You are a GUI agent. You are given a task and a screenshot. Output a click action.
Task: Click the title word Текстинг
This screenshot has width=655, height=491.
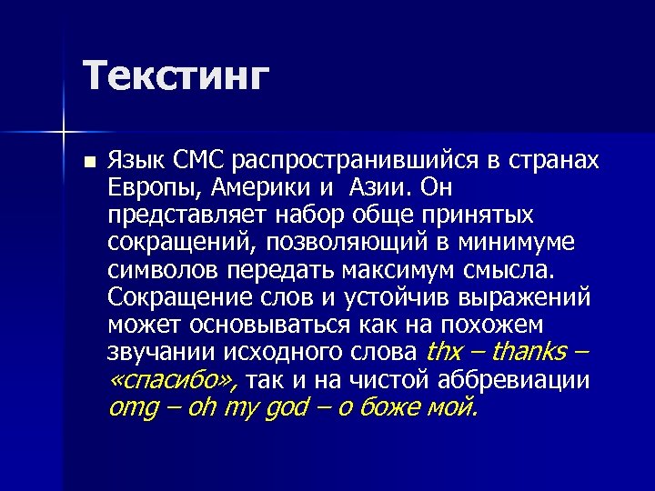tap(176, 75)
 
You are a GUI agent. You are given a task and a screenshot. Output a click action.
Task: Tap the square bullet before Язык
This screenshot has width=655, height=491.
tap(87, 163)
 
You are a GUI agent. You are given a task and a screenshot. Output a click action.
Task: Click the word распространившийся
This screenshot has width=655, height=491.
tap(355, 161)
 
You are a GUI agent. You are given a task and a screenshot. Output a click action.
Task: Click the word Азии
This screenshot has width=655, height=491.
tap(370, 189)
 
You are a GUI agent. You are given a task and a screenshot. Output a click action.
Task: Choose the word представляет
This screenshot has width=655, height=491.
tap(181, 216)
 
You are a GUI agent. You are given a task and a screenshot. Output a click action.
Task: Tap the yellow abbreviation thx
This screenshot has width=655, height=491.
tap(444, 352)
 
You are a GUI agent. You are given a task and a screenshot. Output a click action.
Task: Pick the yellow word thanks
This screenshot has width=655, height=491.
tap(528, 352)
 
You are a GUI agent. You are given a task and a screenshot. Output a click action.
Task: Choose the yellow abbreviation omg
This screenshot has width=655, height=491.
tap(132, 407)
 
